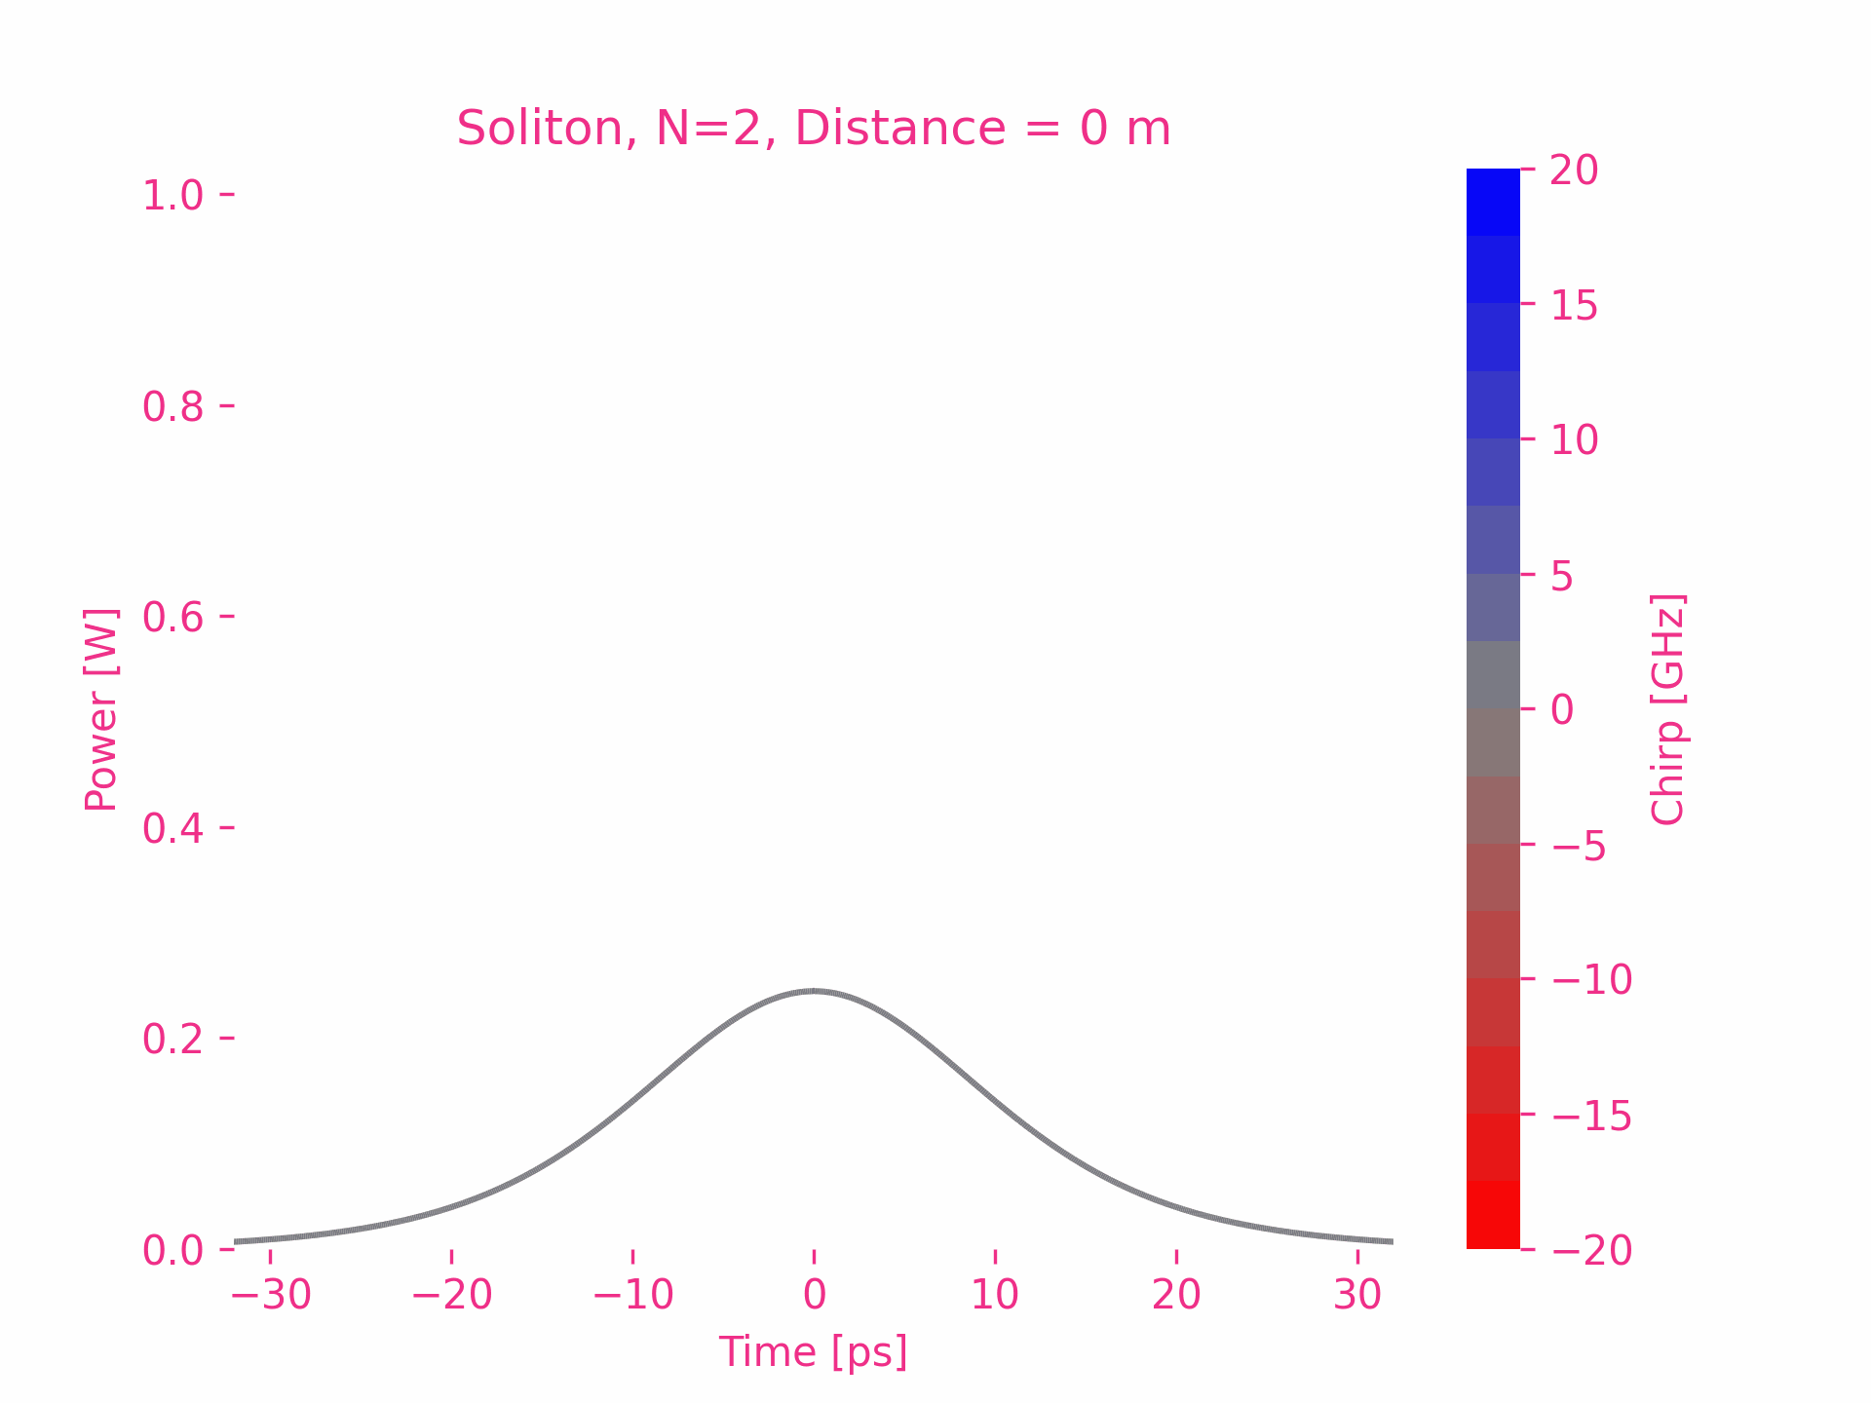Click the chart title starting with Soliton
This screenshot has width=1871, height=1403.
(814, 129)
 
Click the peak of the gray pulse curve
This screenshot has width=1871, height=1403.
(814, 991)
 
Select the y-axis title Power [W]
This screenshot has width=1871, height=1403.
(101, 709)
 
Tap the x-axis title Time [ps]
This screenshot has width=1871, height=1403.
(814, 1352)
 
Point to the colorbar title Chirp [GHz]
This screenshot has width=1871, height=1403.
(1668, 709)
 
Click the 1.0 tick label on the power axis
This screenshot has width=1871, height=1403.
(172, 196)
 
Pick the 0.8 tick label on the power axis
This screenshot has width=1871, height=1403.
(172, 406)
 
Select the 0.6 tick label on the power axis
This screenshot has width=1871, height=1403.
(172, 617)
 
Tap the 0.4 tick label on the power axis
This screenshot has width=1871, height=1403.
(172, 828)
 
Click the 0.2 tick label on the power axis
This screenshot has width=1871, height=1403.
(172, 1039)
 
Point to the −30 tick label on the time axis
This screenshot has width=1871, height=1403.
(270, 1296)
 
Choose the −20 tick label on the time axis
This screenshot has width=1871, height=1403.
(451, 1296)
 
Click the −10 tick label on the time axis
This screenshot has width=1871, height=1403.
(632, 1296)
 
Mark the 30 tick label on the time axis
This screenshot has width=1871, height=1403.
(1357, 1296)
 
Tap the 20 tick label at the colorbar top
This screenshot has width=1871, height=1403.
(1574, 171)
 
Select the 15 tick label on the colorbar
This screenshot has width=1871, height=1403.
(1574, 306)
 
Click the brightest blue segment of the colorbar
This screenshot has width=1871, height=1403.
(1493, 202)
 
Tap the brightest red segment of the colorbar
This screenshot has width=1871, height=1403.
(1493, 1215)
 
